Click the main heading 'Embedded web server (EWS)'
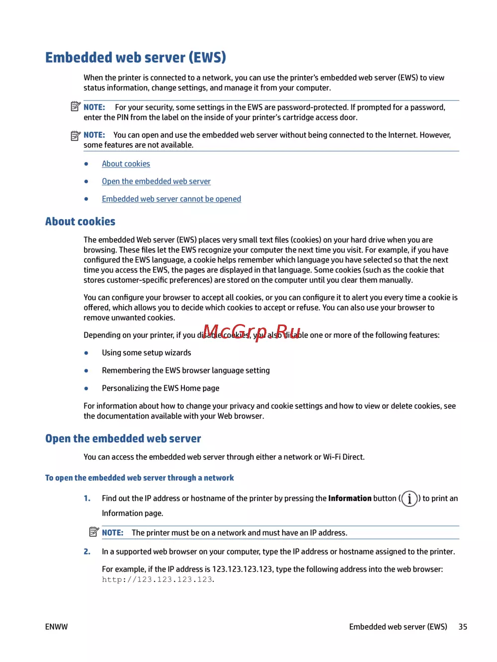135,58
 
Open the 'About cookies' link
126,164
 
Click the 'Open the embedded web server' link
156,181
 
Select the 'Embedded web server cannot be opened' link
171,199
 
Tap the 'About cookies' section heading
80,222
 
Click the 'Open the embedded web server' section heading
123,438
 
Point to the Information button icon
409,498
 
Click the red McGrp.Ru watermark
251,331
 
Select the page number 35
463,627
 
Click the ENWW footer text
56,627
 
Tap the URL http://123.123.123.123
158,579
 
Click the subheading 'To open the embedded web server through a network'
139,478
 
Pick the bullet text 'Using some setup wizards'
147,353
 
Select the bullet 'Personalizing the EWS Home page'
161,388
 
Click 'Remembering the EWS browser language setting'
186,370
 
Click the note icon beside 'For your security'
76,106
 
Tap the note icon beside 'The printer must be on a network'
94,532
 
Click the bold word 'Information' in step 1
350,498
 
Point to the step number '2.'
87,552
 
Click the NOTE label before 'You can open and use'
94,135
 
